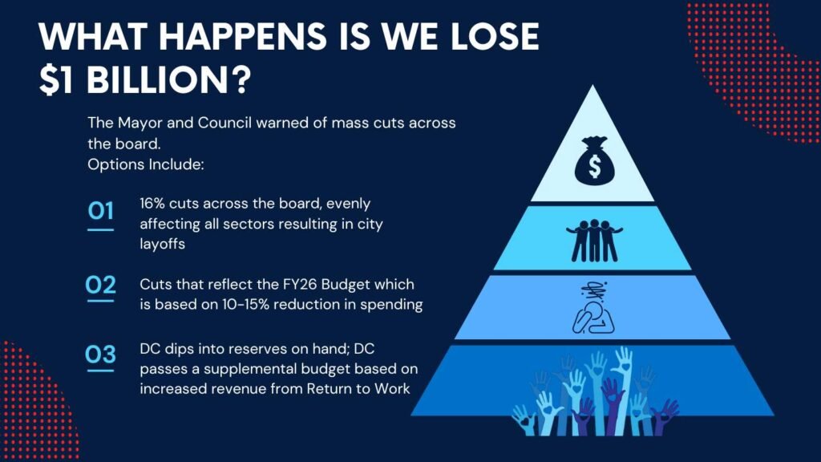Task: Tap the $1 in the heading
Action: [x=55, y=80]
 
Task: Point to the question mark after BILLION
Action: [x=240, y=79]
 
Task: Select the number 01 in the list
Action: [x=100, y=211]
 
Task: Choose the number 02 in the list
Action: [x=100, y=285]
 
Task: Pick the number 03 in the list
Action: [x=100, y=355]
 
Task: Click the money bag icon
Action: [x=594, y=160]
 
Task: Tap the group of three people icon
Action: [x=594, y=240]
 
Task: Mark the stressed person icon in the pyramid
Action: [x=593, y=307]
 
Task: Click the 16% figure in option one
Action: [x=152, y=203]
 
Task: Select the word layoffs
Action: [x=162, y=244]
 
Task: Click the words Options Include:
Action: [x=146, y=164]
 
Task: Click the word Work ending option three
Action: [x=391, y=389]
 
